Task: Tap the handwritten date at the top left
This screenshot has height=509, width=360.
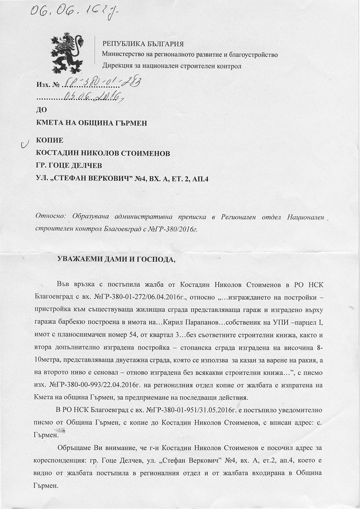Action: click(74, 14)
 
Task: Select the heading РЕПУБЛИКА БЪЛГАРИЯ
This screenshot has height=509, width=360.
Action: click(143, 44)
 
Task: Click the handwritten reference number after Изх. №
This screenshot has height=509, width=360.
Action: click(101, 83)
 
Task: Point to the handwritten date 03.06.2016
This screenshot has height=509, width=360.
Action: click(93, 96)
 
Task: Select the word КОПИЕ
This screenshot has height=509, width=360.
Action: click(50, 140)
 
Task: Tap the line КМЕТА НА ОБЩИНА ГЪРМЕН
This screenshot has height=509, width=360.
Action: click(92, 123)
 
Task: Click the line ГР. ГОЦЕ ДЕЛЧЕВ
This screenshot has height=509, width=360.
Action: click(69, 165)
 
